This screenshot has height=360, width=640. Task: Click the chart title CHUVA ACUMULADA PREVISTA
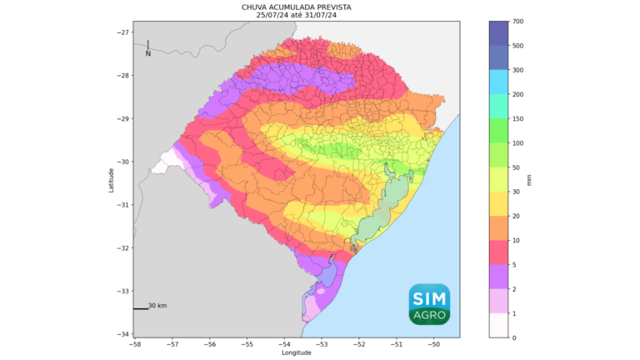(x=297, y=7)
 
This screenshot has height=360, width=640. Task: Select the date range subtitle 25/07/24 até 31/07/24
(x=297, y=15)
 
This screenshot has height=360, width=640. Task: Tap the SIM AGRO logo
(x=429, y=304)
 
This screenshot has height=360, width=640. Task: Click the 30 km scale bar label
(x=157, y=306)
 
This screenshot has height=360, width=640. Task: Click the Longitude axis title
(x=297, y=352)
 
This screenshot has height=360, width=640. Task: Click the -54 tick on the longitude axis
(x=284, y=342)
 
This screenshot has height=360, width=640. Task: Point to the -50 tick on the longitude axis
(x=433, y=342)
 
